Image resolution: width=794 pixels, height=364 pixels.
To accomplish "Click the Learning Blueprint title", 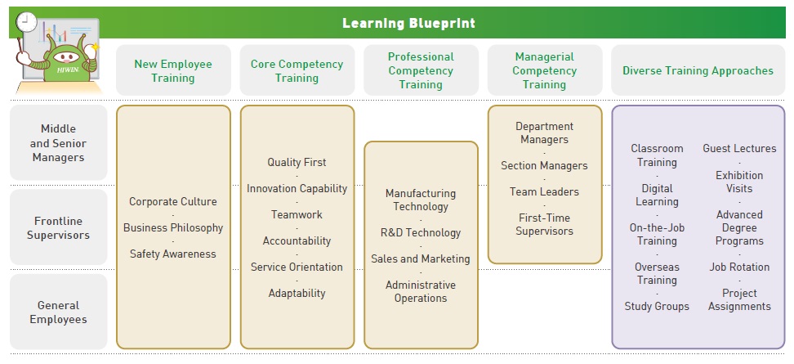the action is tap(408, 24).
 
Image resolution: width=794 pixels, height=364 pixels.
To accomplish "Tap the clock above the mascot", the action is tap(26, 22).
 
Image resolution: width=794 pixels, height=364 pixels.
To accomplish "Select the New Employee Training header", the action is tap(173, 71).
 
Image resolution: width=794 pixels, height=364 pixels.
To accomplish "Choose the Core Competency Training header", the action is tap(297, 71).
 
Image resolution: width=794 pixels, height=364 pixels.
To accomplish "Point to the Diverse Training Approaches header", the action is tap(698, 70).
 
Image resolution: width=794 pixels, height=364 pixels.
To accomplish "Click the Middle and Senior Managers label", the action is tap(58, 143).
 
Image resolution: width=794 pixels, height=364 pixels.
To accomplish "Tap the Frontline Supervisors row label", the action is tap(58, 228).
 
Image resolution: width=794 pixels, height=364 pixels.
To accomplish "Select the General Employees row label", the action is tap(58, 312).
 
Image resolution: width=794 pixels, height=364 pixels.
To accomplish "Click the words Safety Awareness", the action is tap(173, 254).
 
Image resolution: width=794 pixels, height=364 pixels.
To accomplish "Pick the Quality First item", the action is tap(297, 162).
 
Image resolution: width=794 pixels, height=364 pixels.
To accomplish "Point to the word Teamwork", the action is tap(297, 214).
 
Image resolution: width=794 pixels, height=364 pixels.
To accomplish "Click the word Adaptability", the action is tap(297, 293).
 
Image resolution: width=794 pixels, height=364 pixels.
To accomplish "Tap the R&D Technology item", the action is tap(421, 232).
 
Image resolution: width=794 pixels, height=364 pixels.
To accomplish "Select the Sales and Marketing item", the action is tap(421, 259).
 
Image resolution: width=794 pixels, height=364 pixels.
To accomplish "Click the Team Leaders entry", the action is tap(544, 191).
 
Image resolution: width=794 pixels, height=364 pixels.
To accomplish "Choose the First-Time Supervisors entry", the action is tap(544, 225).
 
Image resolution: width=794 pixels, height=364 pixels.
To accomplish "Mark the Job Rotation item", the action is tap(739, 267).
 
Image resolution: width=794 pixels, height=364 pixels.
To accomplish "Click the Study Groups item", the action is tap(657, 306).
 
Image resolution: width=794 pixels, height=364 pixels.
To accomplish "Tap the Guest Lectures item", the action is tap(739, 149).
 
